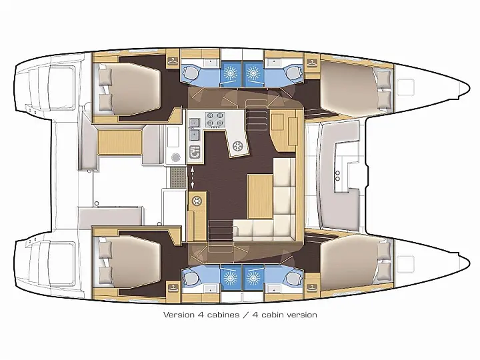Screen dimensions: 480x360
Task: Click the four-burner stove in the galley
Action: [215, 119]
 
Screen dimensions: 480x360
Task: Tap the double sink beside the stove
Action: [194, 129]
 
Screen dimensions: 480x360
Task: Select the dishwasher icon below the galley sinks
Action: [195, 152]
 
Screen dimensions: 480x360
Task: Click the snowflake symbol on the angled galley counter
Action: [237, 146]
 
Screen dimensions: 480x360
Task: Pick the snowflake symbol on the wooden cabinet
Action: [197, 201]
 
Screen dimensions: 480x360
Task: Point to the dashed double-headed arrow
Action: [192, 177]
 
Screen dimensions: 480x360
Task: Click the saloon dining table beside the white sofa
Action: [260, 196]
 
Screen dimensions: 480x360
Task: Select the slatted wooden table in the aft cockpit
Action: [120, 142]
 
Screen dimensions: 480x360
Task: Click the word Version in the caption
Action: [179, 315]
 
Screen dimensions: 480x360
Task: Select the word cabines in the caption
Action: [223, 315]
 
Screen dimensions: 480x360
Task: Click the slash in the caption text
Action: [245, 315]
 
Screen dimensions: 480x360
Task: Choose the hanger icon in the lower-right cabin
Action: [311, 288]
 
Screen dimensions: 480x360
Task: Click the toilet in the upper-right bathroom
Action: [293, 72]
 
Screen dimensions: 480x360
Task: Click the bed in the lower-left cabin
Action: [129, 263]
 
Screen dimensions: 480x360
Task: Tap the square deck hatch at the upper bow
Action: [405, 87]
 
